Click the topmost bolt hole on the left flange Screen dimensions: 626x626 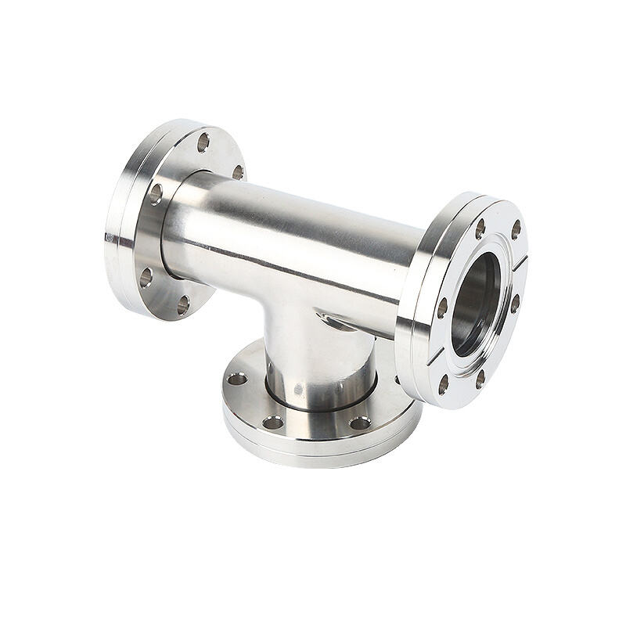pyautogui.click(x=203, y=142)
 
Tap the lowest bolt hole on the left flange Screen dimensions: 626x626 pyautogui.click(x=182, y=304)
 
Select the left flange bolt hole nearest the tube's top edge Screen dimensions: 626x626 pyautogui.click(x=238, y=171)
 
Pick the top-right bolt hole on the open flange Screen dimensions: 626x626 pyautogui.click(x=516, y=229)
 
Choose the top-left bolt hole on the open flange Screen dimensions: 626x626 pyautogui.click(x=480, y=228)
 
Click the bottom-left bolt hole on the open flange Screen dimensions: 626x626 pyautogui.click(x=443, y=383)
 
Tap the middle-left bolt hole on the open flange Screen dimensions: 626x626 pyautogui.click(x=442, y=308)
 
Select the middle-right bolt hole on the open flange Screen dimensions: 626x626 pyautogui.click(x=515, y=302)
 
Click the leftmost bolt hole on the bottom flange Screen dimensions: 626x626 pyautogui.click(x=236, y=379)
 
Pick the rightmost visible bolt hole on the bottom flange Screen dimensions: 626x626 pyautogui.click(x=359, y=423)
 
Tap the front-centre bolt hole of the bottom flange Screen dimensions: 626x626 pyautogui.click(x=272, y=423)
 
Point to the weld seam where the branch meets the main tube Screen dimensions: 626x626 pyautogui.click(x=329, y=317)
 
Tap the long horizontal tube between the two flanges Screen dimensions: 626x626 pyautogui.click(x=297, y=235)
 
